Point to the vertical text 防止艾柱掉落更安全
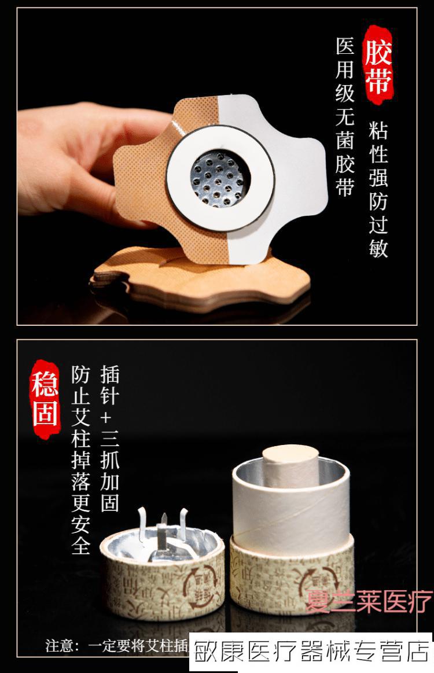[81, 460]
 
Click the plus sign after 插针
[109, 418]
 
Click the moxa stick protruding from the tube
[290, 466]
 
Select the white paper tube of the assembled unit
[290, 509]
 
